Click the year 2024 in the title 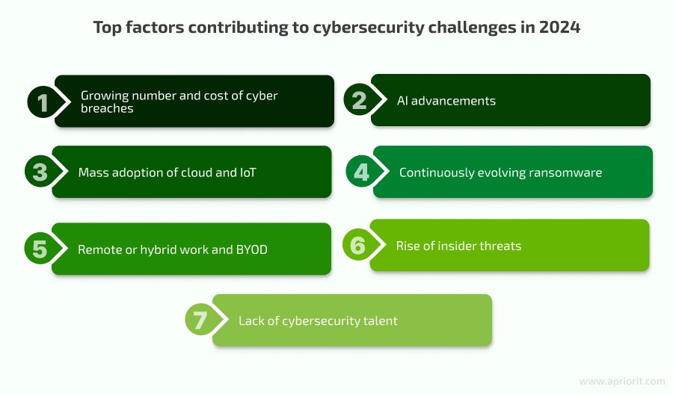pos(559,28)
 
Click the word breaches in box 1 pos(107,108)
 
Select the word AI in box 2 pos(402,101)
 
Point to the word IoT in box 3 pos(248,172)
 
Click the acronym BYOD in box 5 pos(251,249)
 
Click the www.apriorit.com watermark pos(622,382)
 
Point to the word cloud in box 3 pos(197,172)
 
